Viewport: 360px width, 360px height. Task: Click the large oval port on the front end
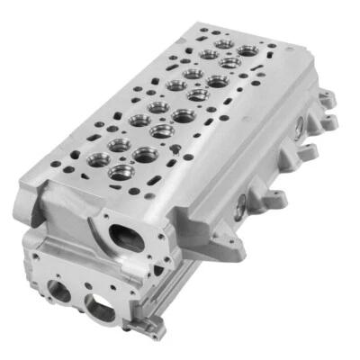click(126, 237)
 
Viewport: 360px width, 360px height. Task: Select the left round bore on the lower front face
click(59, 290)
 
